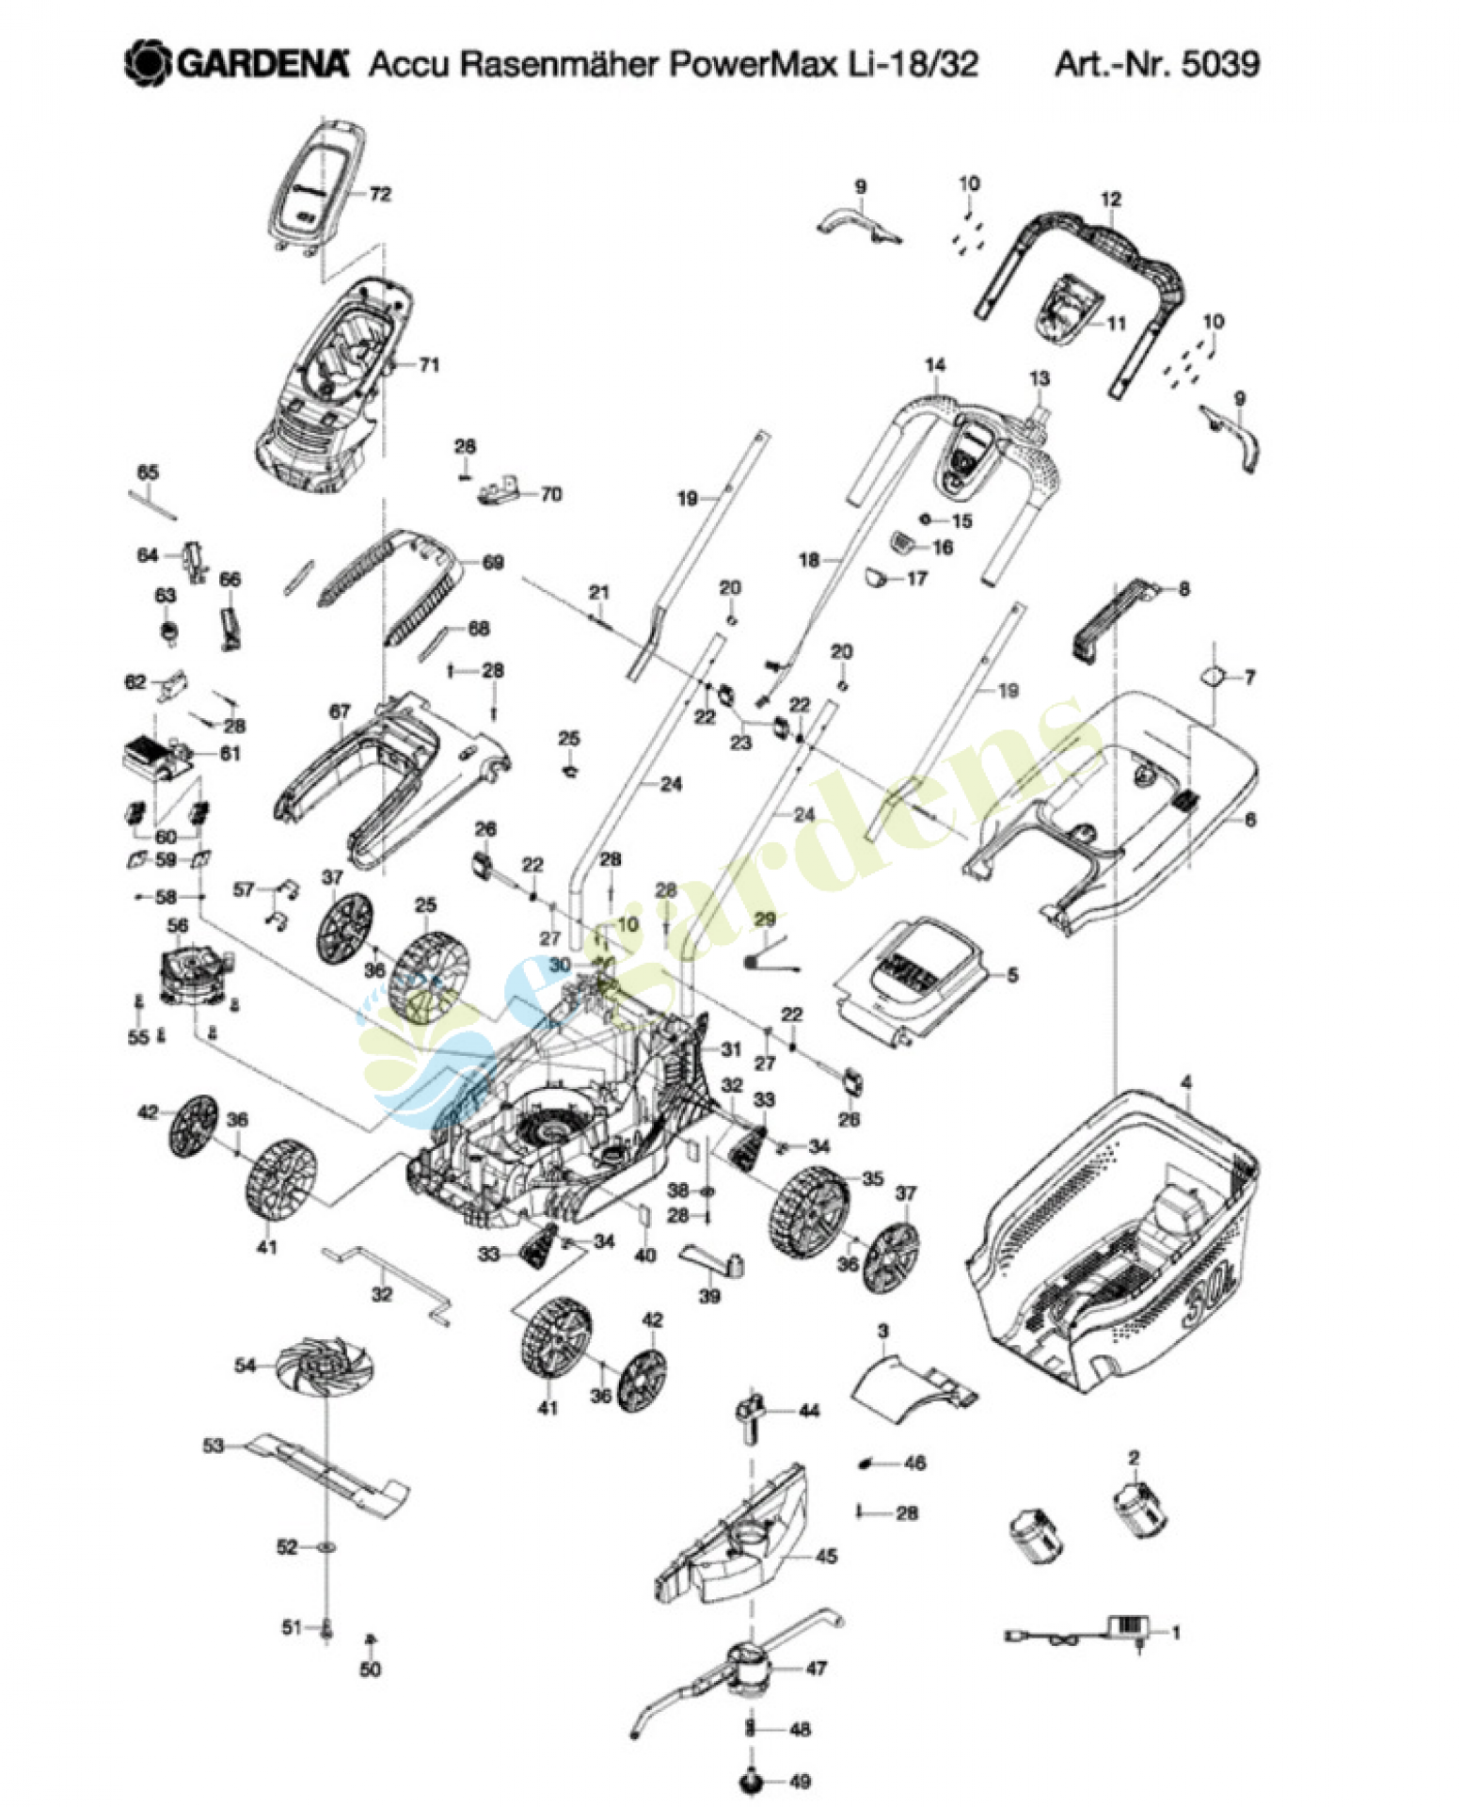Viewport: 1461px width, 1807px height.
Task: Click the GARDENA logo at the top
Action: pyautogui.click(x=236, y=63)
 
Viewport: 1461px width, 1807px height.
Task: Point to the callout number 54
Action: pyautogui.click(x=246, y=1365)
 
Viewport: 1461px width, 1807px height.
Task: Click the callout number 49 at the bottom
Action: pyautogui.click(x=799, y=1781)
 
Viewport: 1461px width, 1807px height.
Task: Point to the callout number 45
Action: pyautogui.click(x=826, y=1556)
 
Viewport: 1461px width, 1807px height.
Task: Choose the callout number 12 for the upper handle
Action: pyautogui.click(x=1110, y=200)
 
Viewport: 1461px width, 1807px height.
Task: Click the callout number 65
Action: pyautogui.click(x=148, y=472)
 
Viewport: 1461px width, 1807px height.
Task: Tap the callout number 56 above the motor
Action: pyautogui.click(x=178, y=926)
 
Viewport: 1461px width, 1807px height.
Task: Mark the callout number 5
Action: pyautogui.click(x=1012, y=974)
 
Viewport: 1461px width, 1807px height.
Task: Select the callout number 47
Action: pyautogui.click(x=816, y=1668)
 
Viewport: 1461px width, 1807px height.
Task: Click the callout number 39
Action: pyautogui.click(x=709, y=1295)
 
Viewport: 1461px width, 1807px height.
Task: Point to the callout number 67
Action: pyautogui.click(x=340, y=712)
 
